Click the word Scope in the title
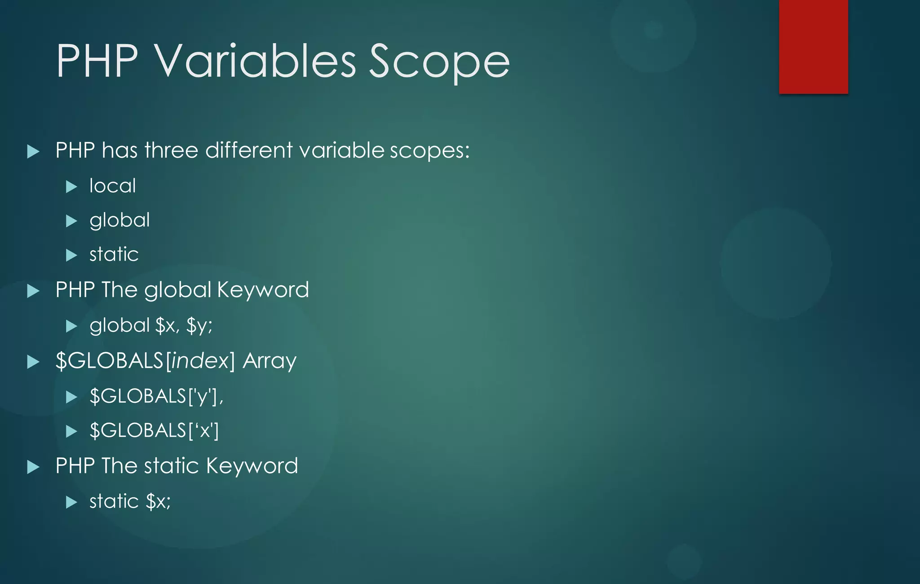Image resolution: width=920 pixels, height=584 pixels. tap(439, 62)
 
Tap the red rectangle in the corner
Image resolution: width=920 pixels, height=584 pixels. tap(813, 46)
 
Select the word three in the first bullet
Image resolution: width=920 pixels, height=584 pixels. tap(171, 150)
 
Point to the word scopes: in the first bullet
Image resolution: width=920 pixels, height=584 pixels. tap(429, 151)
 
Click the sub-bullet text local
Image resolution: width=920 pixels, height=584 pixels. tap(112, 186)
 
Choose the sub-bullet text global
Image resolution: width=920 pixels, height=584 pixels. tap(119, 221)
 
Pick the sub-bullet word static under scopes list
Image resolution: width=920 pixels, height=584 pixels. tap(114, 255)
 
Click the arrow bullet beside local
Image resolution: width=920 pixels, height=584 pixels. tap(71, 186)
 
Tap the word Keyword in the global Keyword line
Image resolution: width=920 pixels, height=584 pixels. tap(263, 290)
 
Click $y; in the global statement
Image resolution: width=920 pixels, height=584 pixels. tap(199, 326)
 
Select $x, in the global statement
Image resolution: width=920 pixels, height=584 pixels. tap(167, 325)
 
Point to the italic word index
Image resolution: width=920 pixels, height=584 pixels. tap(196, 361)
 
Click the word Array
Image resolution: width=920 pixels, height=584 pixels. tap(270, 361)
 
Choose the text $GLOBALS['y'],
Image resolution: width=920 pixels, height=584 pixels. tap(156, 396)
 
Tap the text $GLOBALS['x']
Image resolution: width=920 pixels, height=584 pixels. tap(154, 430)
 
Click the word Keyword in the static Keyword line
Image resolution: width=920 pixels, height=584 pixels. tap(252, 466)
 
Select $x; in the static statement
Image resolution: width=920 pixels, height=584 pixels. tap(158, 501)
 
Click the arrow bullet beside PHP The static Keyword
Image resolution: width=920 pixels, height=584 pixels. tap(33, 467)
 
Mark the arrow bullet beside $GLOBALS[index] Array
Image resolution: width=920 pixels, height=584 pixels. tap(33, 362)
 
